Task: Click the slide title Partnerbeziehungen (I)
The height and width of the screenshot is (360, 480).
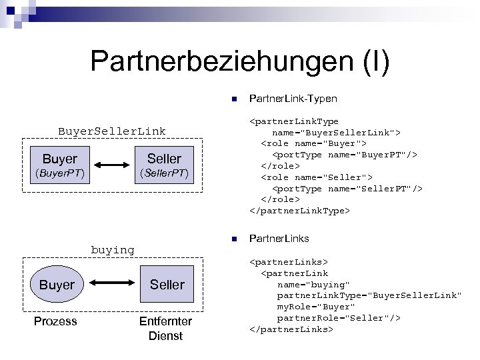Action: [239, 61]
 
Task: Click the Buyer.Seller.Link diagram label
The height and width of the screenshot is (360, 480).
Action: [112, 131]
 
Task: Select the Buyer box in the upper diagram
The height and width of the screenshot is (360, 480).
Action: [59, 159]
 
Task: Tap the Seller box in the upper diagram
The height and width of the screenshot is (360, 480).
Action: [164, 159]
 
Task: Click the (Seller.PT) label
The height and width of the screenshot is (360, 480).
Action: [164, 174]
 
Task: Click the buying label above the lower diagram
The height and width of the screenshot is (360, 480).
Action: [112, 250]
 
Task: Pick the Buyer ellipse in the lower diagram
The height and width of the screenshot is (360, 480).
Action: [57, 285]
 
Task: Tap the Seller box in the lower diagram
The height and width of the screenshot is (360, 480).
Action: [166, 285]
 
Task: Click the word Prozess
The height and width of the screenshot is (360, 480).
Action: [55, 321]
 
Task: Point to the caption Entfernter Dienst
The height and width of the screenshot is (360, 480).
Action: [165, 329]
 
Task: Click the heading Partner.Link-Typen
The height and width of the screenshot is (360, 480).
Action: [293, 99]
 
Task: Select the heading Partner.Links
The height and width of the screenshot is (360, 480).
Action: [279, 238]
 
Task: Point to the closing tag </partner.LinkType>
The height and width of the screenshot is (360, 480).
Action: [299, 211]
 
